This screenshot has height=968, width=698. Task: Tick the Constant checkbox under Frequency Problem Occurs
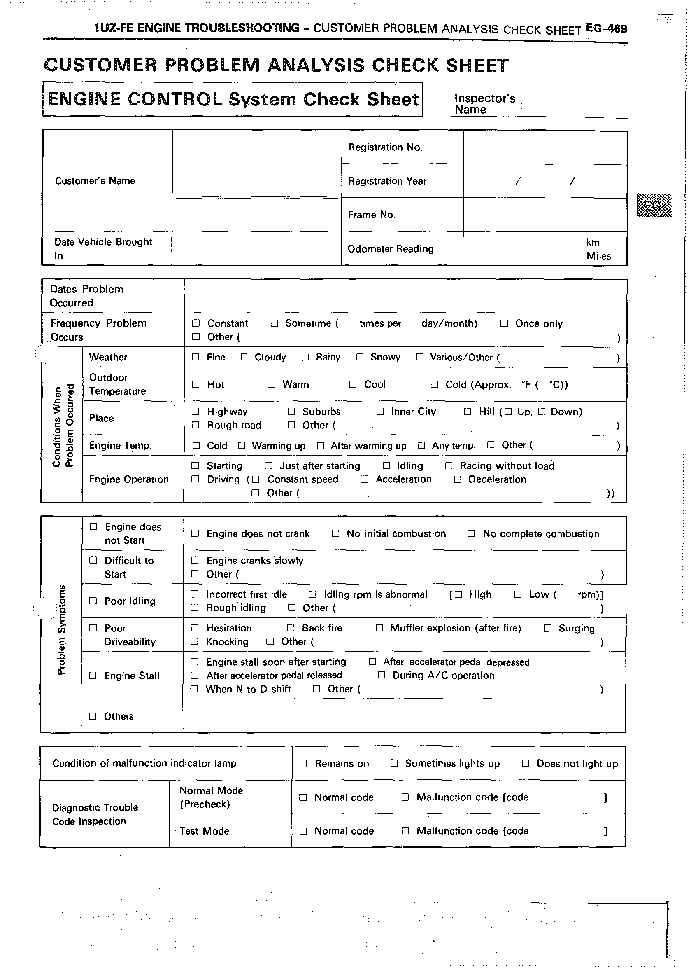[x=196, y=323]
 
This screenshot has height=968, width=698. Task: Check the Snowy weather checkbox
[x=360, y=357]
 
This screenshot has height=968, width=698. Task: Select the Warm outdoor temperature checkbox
[x=271, y=384]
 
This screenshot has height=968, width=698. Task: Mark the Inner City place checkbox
[x=380, y=412]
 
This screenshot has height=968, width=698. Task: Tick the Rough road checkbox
[x=195, y=425]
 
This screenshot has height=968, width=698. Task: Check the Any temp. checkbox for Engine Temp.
[x=421, y=446]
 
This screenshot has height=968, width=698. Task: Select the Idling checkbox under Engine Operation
[x=386, y=465]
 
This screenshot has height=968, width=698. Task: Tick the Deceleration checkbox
[x=458, y=479]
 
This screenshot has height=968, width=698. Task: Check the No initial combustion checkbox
[x=335, y=533]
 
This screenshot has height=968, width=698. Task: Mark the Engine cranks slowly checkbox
[x=195, y=560]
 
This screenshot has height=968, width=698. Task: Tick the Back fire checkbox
[x=291, y=628]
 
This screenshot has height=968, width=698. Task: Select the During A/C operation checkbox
[x=382, y=675]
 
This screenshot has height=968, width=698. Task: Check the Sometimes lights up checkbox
[x=394, y=763]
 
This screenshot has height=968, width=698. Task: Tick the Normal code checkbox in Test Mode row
[x=303, y=831]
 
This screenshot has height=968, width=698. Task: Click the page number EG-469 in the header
[x=606, y=28]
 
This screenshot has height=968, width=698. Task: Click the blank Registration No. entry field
[x=545, y=147]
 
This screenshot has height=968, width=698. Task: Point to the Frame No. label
[x=371, y=215]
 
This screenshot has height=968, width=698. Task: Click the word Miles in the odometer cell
[x=599, y=256]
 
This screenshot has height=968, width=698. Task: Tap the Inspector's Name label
[x=484, y=104]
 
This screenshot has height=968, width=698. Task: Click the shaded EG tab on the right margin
[x=654, y=205]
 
